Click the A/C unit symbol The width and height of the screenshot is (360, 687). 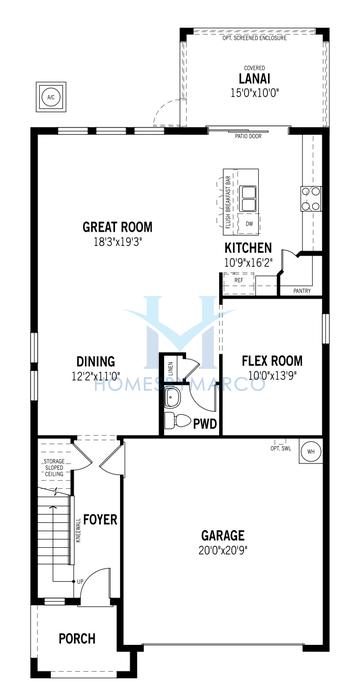pos(50,97)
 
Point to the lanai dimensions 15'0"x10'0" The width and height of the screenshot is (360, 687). pos(250,93)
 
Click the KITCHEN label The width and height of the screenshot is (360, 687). pos(248,247)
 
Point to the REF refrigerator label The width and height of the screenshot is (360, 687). pos(238,280)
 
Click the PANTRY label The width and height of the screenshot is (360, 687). pos(302,291)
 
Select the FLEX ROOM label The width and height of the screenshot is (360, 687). pos(272,361)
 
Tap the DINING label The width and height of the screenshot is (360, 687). pos(96,362)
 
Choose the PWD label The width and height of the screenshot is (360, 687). pos(206,423)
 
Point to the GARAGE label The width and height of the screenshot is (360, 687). pos(221,536)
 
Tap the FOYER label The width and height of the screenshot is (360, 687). pos(100,520)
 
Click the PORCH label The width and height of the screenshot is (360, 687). pos(76,639)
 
